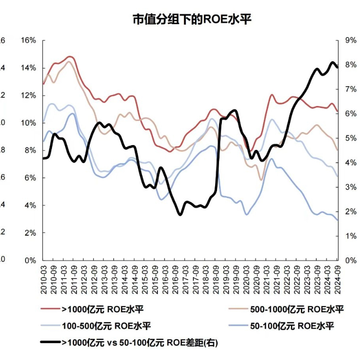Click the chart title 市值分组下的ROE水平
click(193, 20)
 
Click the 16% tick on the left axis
click(28, 40)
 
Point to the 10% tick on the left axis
click(28, 123)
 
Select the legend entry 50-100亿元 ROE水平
click(291, 326)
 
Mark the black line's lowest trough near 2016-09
click(180, 214)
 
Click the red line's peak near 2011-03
click(70, 57)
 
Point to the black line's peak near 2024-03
click(332, 63)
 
